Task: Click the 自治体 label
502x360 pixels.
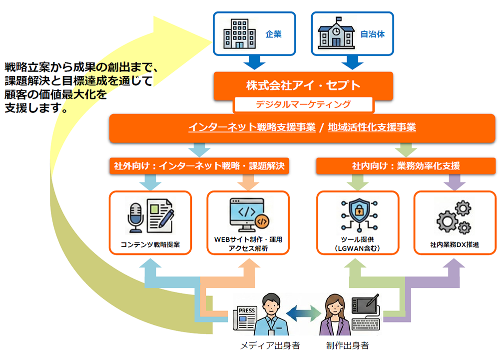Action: (x=372, y=35)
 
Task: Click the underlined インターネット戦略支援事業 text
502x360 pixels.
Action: (x=252, y=127)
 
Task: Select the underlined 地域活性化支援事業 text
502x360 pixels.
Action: (x=372, y=127)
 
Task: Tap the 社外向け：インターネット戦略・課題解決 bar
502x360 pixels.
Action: (x=199, y=166)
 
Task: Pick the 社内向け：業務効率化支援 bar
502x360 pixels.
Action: (x=406, y=166)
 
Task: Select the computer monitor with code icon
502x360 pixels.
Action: (x=247, y=215)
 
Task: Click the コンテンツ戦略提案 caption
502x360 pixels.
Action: (x=150, y=245)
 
